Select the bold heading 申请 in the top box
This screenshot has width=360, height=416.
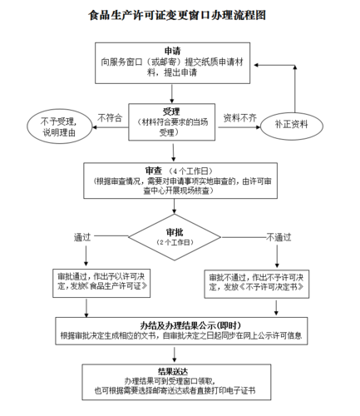(172, 51)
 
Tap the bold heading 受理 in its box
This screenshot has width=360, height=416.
(171, 111)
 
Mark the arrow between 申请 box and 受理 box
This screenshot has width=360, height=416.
(172, 92)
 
